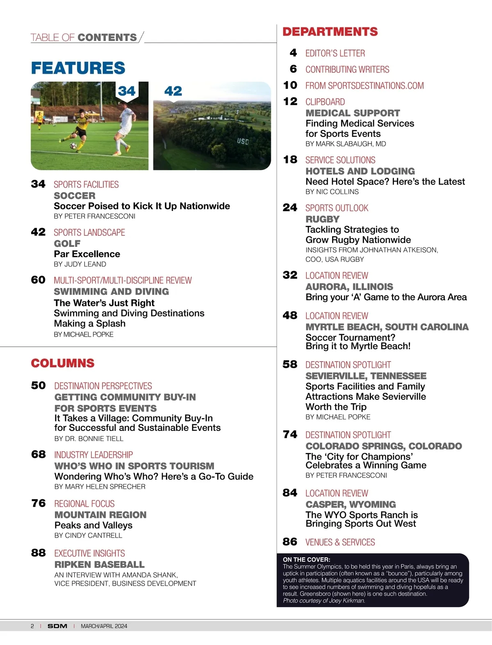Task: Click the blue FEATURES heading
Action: tap(78, 68)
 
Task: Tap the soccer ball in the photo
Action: tap(73, 146)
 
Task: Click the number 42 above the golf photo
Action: tap(173, 91)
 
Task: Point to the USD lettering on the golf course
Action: tap(243, 141)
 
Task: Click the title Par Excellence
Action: tap(87, 254)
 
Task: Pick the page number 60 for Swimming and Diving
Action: tap(38, 280)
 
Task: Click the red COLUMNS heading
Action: tap(62, 363)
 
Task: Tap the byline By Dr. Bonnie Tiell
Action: tap(89, 439)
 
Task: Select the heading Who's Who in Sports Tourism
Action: tap(134, 466)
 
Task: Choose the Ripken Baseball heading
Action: tap(99, 564)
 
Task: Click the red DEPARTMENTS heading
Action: tap(330, 32)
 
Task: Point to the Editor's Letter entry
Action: tap(335, 53)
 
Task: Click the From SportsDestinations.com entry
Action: tap(364, 86)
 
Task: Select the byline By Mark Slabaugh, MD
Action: tap(346, 144)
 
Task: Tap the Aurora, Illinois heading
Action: tap(349, 287)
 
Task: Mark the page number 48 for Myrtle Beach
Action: tap(290, 315)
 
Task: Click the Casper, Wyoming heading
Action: tap(351, 505)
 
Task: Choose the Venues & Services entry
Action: tap(340, 542)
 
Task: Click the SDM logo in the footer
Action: tap(57, 626)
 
